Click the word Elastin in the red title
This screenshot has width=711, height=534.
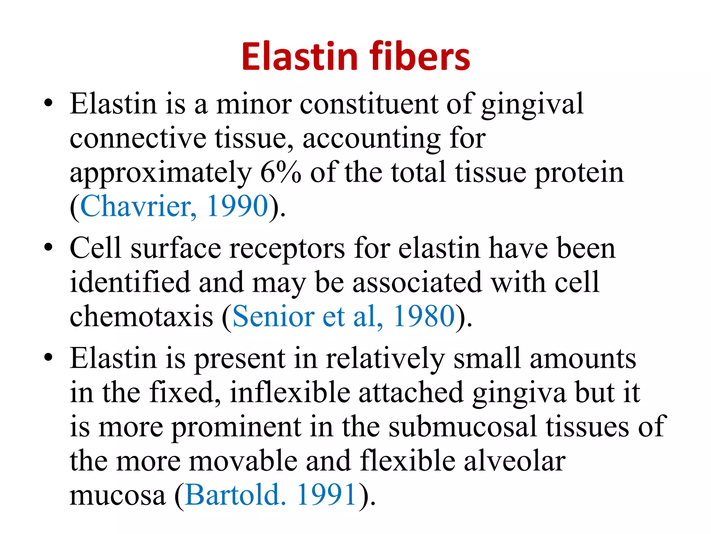(300, 57)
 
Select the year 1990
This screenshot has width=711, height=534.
(237, 206)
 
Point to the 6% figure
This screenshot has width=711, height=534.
(281, 172)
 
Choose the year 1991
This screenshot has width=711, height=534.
(327, 495)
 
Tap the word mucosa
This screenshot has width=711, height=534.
(118, 495)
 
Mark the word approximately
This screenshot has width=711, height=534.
(161, 173)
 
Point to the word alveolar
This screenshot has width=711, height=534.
(515, 461)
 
